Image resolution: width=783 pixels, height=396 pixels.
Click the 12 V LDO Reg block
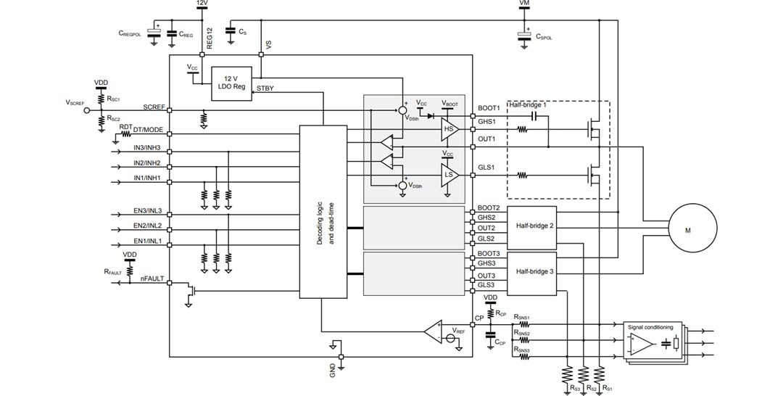(230, 83)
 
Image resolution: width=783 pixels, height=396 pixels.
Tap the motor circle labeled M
(687, 231)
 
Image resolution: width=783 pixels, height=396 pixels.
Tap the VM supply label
(525, 4)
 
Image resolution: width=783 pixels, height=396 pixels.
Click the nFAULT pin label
(153, 278)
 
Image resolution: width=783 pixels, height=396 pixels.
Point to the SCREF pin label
(154, 107)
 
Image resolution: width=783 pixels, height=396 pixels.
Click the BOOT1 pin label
(489, 108)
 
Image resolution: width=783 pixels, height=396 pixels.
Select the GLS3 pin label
(486, 286)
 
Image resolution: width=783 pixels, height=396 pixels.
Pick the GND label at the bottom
(333, 370)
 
